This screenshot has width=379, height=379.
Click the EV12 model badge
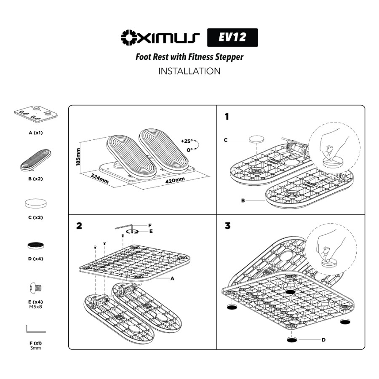[x=232, y=37]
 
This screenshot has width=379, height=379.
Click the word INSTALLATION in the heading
[x=189, y=71]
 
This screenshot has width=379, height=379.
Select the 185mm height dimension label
[x=78, y=156]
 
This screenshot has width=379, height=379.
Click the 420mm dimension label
[x=175, y=180]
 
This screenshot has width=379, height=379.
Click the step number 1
[x=227, y=117]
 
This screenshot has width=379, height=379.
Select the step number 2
[x=79, y=226]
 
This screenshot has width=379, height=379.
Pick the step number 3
[x=227, y=226]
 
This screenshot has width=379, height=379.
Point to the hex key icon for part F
[x=35, y=328]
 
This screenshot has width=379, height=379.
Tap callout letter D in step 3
[x=323, y=340]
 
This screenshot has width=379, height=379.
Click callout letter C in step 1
[x=226, y=140]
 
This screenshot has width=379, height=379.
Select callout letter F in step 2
[x=149, y=226]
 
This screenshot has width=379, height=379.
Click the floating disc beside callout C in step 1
[x=256, y=140]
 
